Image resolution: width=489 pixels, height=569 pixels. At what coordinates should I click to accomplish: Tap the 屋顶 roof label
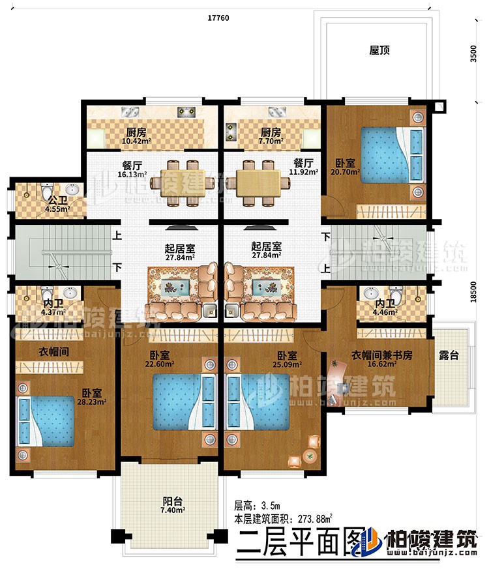pos(379,50)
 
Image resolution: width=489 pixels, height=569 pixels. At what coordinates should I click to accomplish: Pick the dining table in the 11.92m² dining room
pos(256,177)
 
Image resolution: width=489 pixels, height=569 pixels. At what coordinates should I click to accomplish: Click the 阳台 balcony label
pos(172,502)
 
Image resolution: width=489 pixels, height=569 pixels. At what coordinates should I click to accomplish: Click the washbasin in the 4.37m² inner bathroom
pos(70,294)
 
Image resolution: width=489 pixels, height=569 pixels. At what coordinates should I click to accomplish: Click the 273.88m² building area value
pos(314,519)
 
